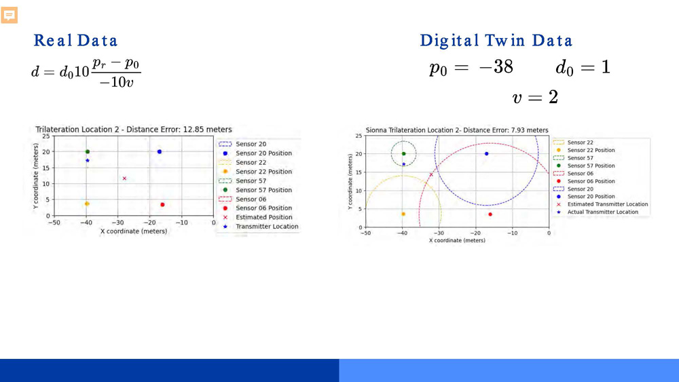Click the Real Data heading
coord(75,41)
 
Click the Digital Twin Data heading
coord(496,41)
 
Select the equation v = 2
coord(535,97)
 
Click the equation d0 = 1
coord(582,67)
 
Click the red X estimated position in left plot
coord(124,178)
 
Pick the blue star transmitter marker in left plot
coord(88,161)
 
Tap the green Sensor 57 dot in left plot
coord(88,151)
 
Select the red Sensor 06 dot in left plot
coord(162,204)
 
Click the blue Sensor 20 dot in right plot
coord(486,153)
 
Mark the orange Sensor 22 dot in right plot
coord(403,214)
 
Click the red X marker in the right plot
coord(430,174)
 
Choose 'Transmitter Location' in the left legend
coord(267,227)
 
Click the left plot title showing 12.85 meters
coord(133,129)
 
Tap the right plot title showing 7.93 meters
coord(456,130)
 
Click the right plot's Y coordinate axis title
coord(350,182)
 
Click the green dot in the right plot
coord(403,153)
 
